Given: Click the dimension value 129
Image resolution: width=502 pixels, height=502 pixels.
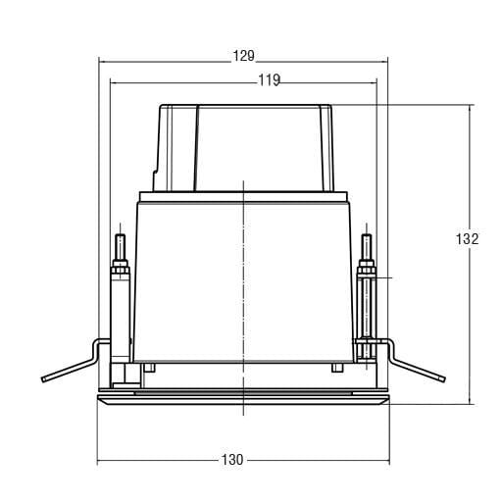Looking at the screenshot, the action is [243, 56].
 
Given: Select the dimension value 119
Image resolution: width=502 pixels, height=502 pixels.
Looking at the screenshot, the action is [270, 80].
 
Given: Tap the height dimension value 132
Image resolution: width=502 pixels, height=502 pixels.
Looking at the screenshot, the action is [467, 239].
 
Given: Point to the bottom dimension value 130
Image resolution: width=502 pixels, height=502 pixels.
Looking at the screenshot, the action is [232, 460].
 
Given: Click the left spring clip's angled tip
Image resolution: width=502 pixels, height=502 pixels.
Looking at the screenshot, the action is [43, 379].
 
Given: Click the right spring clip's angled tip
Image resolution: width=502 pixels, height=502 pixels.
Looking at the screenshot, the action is [443, 378].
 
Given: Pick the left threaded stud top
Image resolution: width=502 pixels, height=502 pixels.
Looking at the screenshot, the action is [121, 235].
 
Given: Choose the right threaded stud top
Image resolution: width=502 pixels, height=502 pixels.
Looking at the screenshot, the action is [367, 235].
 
